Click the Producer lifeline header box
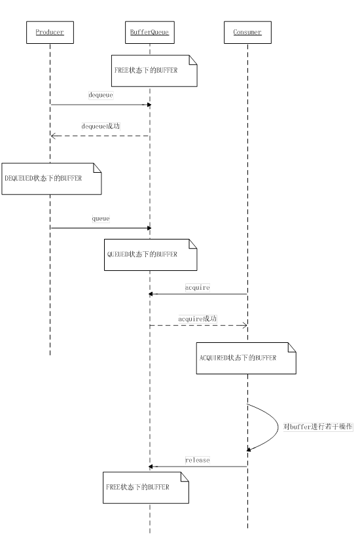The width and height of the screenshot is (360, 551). (50, 32)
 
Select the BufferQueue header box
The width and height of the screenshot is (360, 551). (149, 32)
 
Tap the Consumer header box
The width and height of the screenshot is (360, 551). (247, 32)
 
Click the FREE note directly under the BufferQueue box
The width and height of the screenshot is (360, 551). (154, 70)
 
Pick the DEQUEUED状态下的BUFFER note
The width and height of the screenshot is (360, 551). (52, 178)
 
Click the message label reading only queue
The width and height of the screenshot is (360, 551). (101, 218)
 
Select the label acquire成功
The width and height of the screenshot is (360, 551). (198, 319)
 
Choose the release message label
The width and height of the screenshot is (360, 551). (198, 460)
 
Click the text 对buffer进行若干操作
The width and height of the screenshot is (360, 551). (318, 427)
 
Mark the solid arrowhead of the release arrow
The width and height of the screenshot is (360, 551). (152, 467)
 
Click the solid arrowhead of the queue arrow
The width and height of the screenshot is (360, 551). (149, 228)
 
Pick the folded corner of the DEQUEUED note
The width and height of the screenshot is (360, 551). (98, 168)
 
